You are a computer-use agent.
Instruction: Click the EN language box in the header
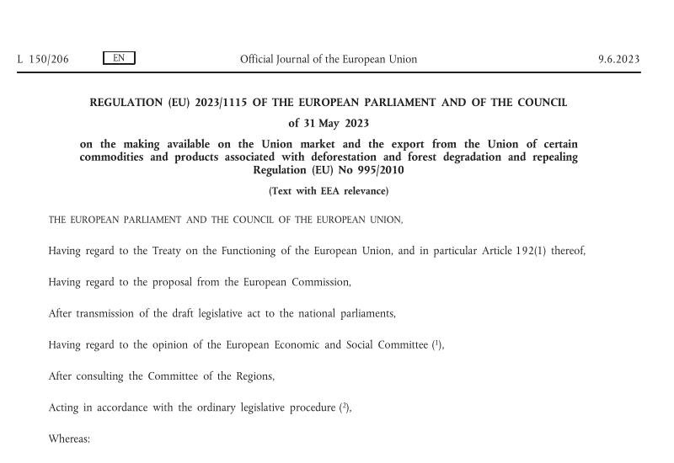(x=119, y=58)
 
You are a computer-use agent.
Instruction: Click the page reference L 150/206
(x=43, y=59)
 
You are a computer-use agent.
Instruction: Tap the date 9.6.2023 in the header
(x=618, y=59)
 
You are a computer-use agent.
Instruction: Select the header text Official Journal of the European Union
(x=329, y=59)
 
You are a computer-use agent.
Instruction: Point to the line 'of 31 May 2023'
(x=329, y=123)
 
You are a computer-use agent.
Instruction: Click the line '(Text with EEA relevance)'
(x=329, y=191)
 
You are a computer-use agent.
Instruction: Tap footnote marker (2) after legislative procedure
(x=345, y=407)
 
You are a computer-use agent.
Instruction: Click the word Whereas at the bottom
(x=69, y=439)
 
